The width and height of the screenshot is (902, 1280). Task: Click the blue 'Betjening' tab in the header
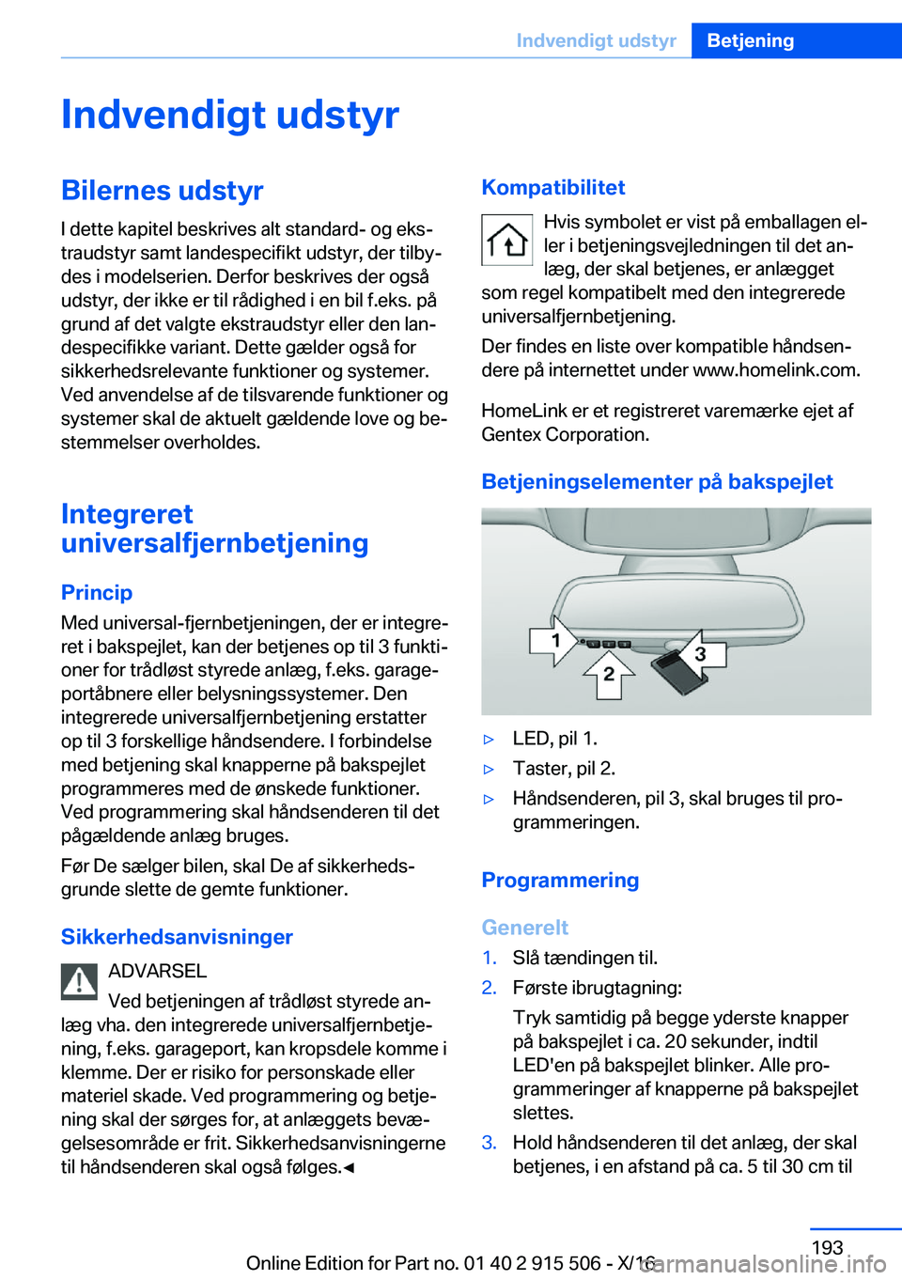pyautogui.click(x=750, y=40)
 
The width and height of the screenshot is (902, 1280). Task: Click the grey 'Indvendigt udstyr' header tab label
pyautogui.click(x=596, y=40)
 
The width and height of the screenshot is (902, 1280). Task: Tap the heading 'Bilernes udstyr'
pyautogui.click(x=162, y=191)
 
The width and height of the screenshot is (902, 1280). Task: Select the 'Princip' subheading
pyautogui.click(x=97, y=592)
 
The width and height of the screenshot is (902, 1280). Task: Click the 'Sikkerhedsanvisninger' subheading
pyautogui.click(x=177, y=937)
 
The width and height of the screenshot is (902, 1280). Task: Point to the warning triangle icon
pyautogui.click(x=80, y=982)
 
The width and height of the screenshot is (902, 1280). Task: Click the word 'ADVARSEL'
pyautogui.click(x=157, y=971)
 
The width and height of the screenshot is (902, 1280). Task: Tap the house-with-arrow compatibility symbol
pyautogui.click(x=507, y=240)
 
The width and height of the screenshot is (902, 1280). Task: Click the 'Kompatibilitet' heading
pyautogui.click(x=552, y=188)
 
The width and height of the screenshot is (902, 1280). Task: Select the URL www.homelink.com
pyautogui.click(x=775, y=370)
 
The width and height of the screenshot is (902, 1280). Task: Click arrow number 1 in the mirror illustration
pyautogui.click(x=554, y=641)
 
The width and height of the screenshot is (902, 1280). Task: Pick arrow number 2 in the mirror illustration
pyautogui.click(x=609, y=674)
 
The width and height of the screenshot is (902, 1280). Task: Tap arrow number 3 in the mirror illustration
pyautogui.click(x=701, y=652)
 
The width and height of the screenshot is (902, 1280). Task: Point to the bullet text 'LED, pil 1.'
pyautogui.click(x=554, y=739)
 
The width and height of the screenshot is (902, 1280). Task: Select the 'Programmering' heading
pyautogui.click(x=560, y=881)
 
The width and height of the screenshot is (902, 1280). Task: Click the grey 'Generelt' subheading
pyautogui.click(x=524, y=928)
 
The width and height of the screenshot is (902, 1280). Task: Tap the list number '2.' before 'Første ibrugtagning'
pyautogui.click(x=489, y=988)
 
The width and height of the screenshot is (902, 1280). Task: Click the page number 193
pyautogui.click(x=827, y=1247)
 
